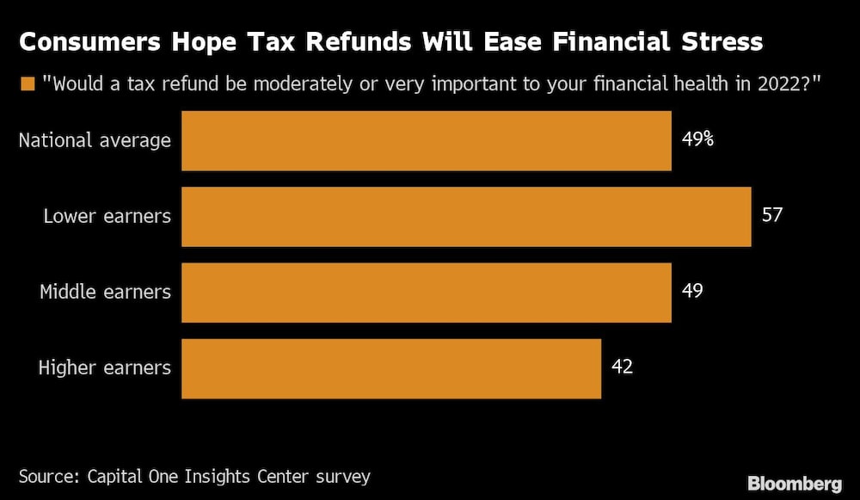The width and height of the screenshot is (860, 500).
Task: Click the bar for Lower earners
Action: pos(466,216)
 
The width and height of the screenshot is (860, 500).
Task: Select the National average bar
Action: pos(426,140)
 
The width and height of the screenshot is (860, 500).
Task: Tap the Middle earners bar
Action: pos(426,292)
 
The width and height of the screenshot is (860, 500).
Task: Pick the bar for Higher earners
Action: pos(390,367)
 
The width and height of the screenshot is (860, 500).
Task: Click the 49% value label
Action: pos(697,139)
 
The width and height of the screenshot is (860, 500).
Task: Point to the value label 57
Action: pos(772,214)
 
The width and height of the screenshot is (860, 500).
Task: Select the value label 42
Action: pos(622,367)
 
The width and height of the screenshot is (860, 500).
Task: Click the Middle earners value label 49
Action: pos(692,291)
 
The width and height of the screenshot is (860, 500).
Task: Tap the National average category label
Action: pos(95,140)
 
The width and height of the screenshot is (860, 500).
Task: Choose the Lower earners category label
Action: pos(107,216)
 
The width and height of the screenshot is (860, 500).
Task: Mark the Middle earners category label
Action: pos(105,292)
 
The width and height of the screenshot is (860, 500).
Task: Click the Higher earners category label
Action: pos(105,367)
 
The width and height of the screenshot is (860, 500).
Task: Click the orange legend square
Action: pos(28,83)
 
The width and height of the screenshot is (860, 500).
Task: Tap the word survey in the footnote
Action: pos(342,476)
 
